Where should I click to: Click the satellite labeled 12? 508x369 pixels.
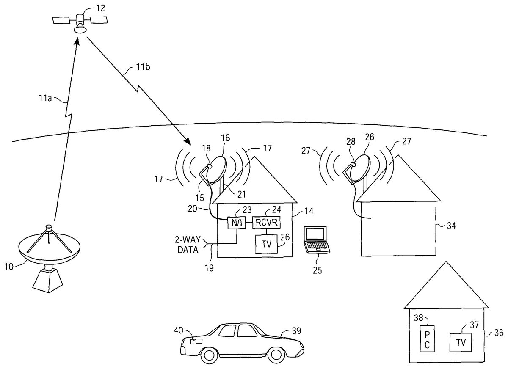[79, 21]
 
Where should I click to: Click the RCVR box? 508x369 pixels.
[267, 223]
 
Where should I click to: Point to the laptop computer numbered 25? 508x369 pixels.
[316, 240]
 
